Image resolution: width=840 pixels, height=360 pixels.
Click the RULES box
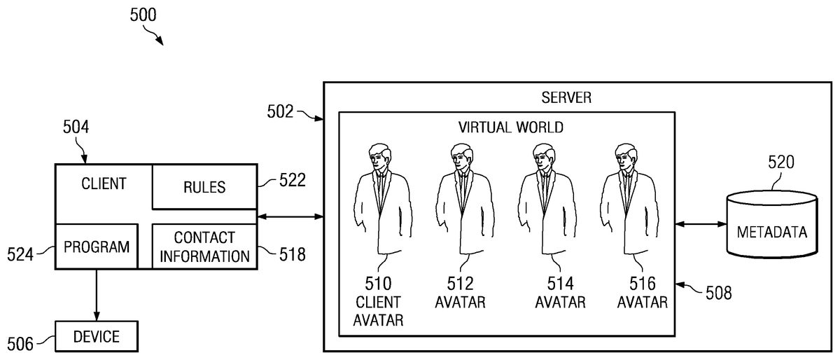(x=204, y=187)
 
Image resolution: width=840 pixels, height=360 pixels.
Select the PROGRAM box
(x=97, y=247)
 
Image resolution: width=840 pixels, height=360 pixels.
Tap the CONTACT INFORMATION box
(x=204, y=247)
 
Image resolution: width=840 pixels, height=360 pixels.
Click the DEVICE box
(x=97, y=337)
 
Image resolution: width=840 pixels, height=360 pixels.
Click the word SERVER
(x=567, y=97)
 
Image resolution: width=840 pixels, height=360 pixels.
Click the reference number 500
(x=143, y=14)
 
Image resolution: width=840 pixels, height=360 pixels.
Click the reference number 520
(x=780, y=163)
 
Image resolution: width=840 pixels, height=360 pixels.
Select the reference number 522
(x=292, y=181)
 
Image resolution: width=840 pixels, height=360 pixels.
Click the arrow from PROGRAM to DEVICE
(x=97, y=295)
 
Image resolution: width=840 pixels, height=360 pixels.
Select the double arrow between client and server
(x=290, y=216)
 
